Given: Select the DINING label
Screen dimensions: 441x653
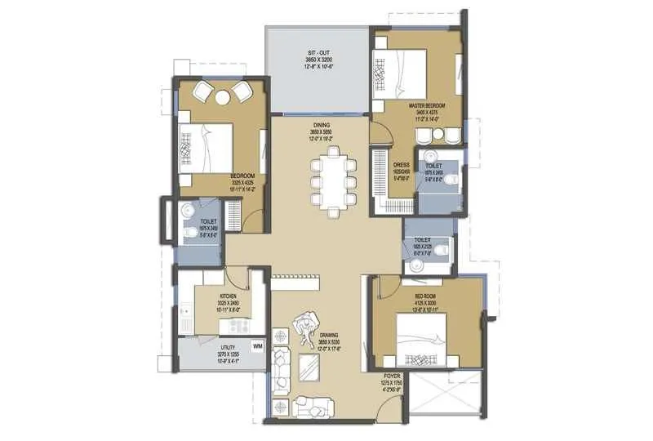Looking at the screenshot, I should coord(319,125).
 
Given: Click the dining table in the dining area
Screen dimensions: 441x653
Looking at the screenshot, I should coord(331,185).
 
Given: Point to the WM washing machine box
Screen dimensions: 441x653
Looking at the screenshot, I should coord(258,347).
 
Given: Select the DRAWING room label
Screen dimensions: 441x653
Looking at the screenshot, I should coord(329,335).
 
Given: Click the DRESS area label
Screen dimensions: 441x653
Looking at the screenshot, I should coord(400,165).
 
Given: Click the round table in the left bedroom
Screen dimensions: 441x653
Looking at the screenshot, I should coord(223,97).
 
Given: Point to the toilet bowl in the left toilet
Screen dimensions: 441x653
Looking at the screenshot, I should coord(189,234).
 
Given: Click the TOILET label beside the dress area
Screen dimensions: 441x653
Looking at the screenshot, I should coord(433,166).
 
